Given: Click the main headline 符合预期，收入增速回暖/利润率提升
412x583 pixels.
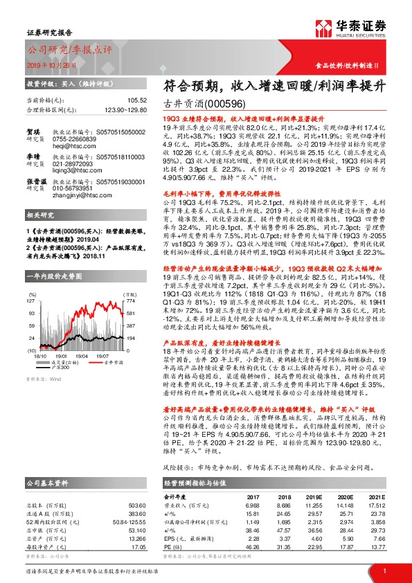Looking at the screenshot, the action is (x=260, y=86).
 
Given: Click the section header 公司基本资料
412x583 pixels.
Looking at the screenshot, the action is (x=48, y=483).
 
